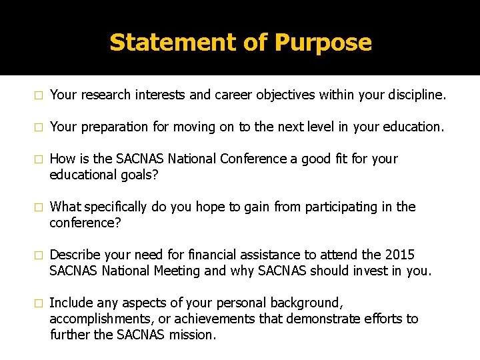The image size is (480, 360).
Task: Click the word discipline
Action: click(412, 95)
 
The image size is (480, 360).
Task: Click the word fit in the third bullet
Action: click(345, 159)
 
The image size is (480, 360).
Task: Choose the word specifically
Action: click(117, 207)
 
